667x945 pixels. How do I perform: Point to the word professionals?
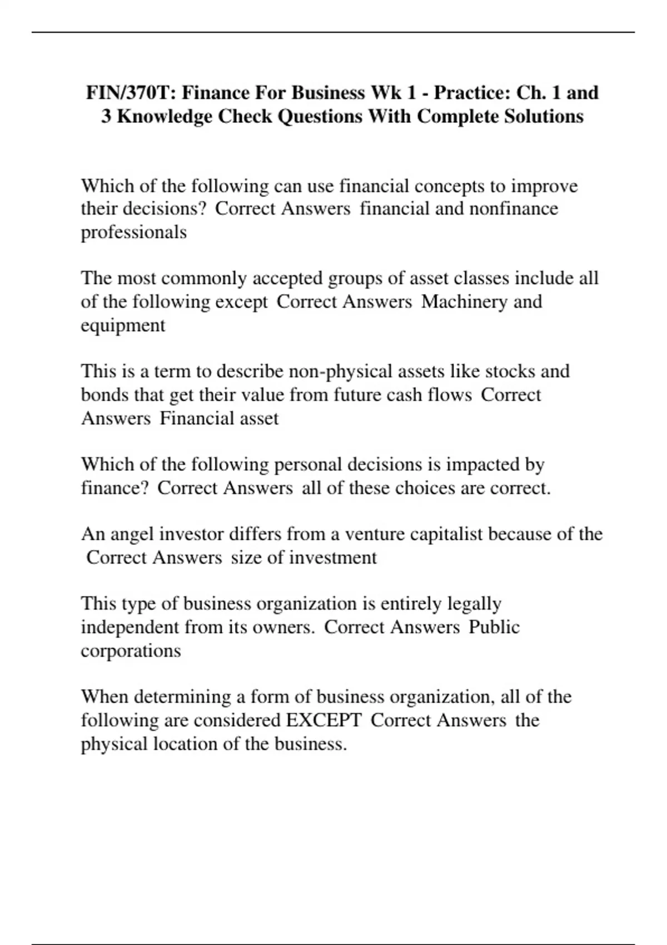(x=133, y=232)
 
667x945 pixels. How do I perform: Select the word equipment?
(x=123, y=325)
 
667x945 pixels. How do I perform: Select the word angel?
(x=133, y=534)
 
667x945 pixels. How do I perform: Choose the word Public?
(x=494, y=627)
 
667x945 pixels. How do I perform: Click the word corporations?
(x=131, y=651)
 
